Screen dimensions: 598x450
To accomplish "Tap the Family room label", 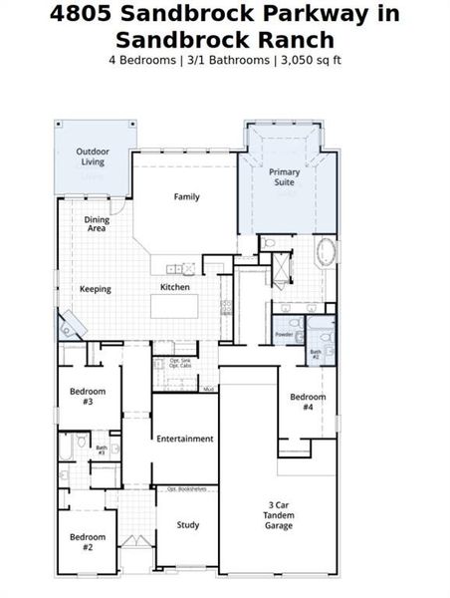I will (x=186, y=196).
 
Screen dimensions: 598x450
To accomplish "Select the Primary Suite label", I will (x=284, y=177).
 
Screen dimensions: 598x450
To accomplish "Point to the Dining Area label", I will (x=97, y=224).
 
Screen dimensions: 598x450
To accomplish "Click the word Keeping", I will (x=95, y=289).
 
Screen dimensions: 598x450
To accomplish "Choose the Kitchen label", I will (x=175, y=287).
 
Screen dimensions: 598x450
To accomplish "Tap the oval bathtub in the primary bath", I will (x=326, y=251).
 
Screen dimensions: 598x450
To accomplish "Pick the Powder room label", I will (x=284, y=335).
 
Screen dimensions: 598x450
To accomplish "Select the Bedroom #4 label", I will (x=308, y=402).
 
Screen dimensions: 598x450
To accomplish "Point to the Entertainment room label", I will (x=185, y=439).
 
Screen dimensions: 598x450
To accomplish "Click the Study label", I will (x=188, y=525).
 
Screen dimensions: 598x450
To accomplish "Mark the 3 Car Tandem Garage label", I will (x=279, y=514).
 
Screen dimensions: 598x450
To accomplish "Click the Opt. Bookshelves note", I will (x=186, y=489).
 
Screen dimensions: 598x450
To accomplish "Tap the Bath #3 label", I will (x=102, y=450).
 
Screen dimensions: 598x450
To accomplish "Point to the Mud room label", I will (x=209, y=389).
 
